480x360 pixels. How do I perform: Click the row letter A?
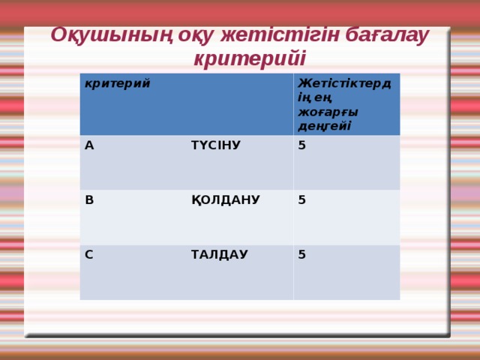[89, 145]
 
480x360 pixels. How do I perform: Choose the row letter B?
[89, 200]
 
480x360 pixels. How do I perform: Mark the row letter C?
[89, 255]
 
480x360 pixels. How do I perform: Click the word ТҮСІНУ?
[216, 145]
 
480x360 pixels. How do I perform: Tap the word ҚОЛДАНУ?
[225, 200]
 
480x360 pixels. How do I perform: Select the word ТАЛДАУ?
[219, 255]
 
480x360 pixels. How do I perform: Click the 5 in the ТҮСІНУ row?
[301, 145]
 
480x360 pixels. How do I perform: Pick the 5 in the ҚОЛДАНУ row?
[301, 200]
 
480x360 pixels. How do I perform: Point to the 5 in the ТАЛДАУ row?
[301, 255]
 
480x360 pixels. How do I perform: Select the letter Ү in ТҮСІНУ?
[205, 145]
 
